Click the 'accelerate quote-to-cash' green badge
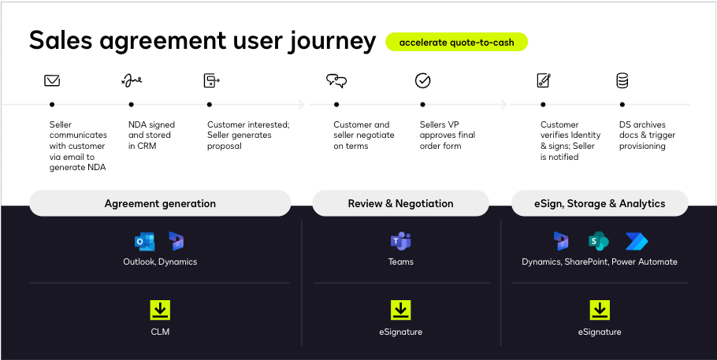click(456, 42)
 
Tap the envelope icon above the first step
click(52, 80)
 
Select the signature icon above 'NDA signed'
click(131, 80)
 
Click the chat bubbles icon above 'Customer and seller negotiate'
click(336, 80)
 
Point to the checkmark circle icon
click(423, 80)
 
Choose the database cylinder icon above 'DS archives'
click(622, 80)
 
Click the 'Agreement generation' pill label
click(160, 203)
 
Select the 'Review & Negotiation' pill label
click(400, 203)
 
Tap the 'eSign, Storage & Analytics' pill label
click(600, 203)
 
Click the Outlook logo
click(144, 241)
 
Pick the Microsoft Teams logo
click(400, 241)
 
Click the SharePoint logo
click(600, 241)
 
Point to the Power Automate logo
click(636, 241)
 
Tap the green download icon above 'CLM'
click(160, 310)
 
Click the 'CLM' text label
click(160, 332)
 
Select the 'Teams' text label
click(400, 262)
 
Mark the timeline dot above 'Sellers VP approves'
click(423, 104)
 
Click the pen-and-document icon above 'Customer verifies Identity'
click(543, 80)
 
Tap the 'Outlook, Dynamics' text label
click(160, 262)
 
